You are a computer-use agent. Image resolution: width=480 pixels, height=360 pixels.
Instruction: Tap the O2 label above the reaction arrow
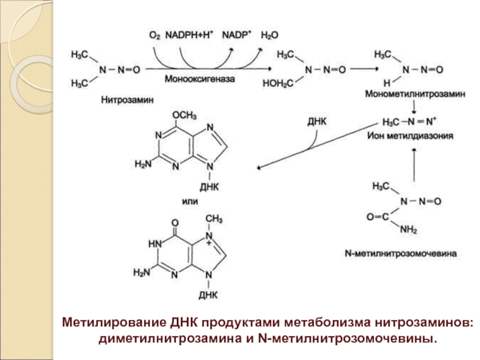pos(154,35)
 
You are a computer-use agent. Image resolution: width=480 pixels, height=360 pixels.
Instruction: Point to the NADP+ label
pos(238,35)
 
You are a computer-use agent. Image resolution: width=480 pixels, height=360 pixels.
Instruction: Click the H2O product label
pos(269,35)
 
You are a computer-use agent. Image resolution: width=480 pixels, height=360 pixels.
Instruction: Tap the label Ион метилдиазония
pos(413,136)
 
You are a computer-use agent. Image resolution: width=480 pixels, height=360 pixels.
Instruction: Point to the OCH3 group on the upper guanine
pos(185,114)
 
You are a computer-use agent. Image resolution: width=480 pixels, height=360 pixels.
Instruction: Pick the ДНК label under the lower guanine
pos(209,295)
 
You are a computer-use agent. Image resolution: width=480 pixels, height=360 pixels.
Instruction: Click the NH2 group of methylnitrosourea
pos(409,229)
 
